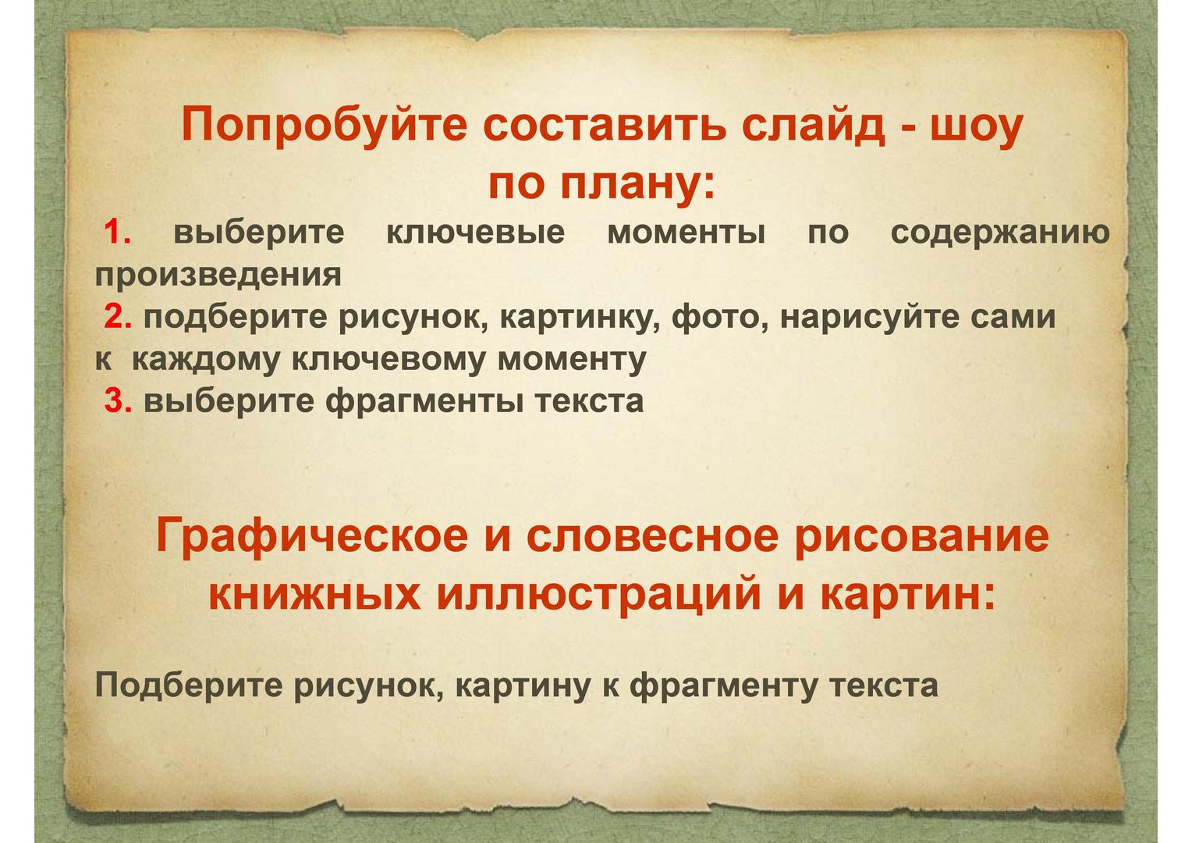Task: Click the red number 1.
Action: click(x=116, y=232)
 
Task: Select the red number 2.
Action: click(x=118, y=317)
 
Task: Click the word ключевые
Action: click(x=476, y=233)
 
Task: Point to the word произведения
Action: click(x=218, y=276)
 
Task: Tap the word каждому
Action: click(x=205, y=361)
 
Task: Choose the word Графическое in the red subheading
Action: click(x=312, y=536)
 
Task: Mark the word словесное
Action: click(x=653, y=537)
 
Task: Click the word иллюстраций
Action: click(x=598, y=595)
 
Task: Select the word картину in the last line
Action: click(x=523, y=686)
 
